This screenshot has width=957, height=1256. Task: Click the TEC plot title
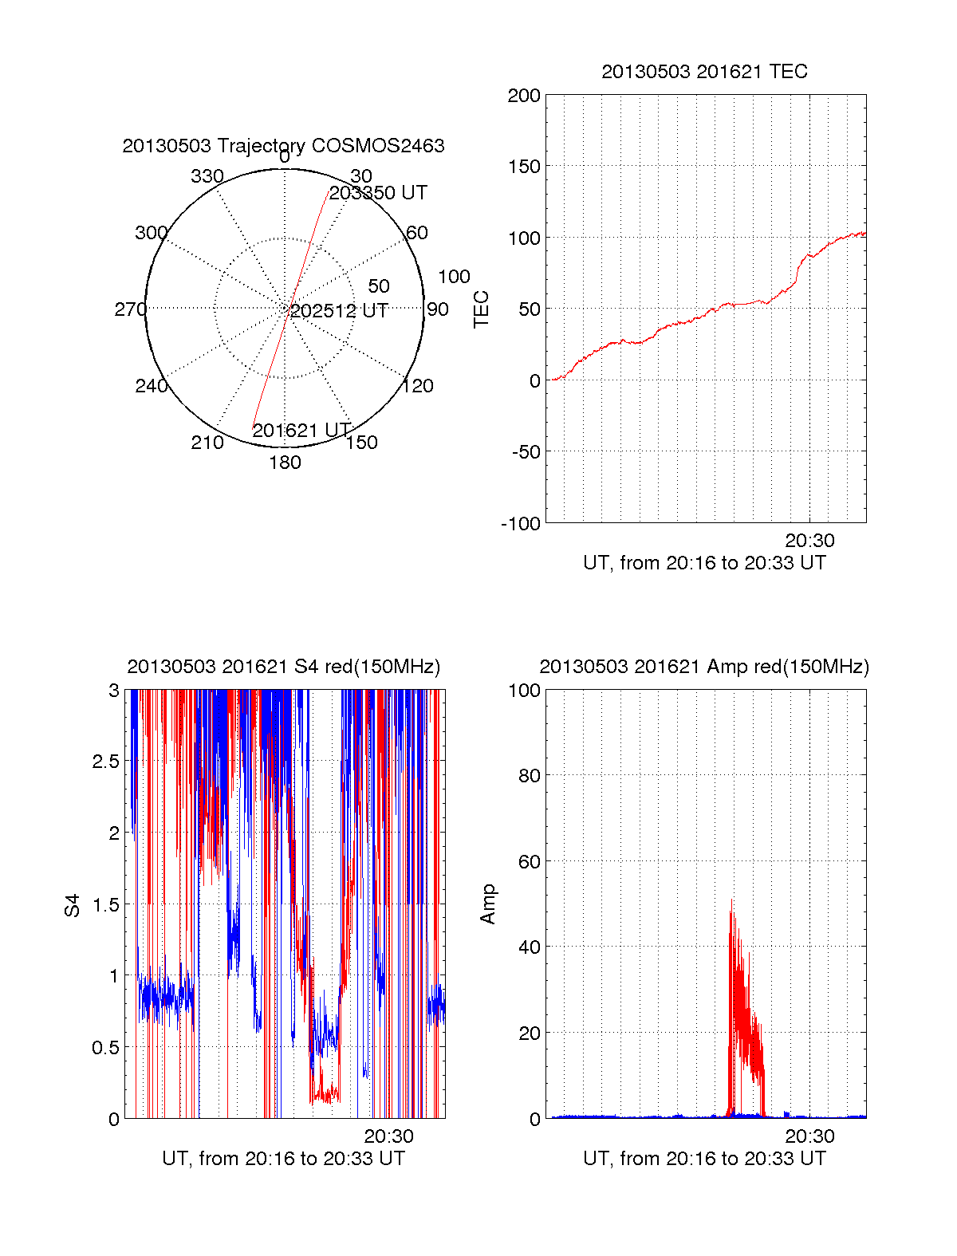pos(704,72)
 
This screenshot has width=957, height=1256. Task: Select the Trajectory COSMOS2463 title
pos(283,146)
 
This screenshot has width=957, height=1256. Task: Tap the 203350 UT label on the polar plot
pos(378,193)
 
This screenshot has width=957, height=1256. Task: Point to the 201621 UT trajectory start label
pos(301,431)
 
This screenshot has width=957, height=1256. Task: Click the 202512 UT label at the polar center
pos(339,310)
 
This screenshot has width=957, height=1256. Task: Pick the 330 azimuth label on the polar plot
pos(207,176)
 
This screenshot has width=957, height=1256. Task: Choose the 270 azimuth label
pos(131,309)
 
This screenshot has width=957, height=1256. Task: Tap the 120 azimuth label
pos(418,386)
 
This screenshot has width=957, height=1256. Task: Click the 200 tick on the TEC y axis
pos(524,96)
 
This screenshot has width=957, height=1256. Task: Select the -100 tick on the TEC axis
pos(521,524)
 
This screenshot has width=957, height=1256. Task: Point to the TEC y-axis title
pos(482,309)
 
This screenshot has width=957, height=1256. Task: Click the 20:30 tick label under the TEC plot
pos(809,541)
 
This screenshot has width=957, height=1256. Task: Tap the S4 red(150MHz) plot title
pos(283,667)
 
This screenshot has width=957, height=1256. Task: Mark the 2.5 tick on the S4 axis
pos(105,762)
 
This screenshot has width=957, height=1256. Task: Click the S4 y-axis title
pos(73,905)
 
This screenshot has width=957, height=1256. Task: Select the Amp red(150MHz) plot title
pos(704,667)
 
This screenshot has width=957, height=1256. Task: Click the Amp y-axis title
pos(488,904)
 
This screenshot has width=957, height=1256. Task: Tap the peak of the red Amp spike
pos(731,901)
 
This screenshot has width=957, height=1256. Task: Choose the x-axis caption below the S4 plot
pos(283,1159)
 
